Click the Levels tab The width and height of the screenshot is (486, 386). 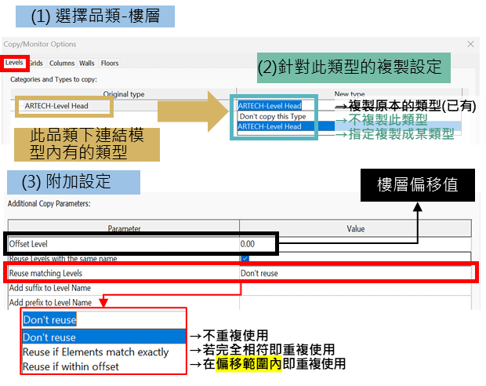pyautogui.click(x=14, y=63)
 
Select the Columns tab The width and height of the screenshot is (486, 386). pyautogui.click(x=62, y=64)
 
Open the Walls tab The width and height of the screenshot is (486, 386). pyautogui.click(x=87, y=64)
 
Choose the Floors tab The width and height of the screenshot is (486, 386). pyautogui.click(x=110, y=64)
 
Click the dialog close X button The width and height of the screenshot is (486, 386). pyautogui.click(x=470, y=44)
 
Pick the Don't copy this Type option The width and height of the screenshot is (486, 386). pyautogui.click(x=273, y=116)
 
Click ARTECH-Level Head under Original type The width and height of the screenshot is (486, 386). pyautogui.click(x=56, y=106)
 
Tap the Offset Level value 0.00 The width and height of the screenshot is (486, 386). pyautogui.click(x=248, y=244)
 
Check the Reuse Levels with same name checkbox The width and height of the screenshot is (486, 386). pyautogui.click(x=245, y=258)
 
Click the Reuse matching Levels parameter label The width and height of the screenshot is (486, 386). pyautogui.click(x=45, y=273)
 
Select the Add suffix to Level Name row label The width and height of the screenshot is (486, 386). pyautogui.click(x=50, y=288)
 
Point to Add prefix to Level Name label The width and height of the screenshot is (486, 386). pyautogui.click(x=50, y=303)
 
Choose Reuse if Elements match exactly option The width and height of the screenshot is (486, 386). pyautogui.click(x=96, y=352)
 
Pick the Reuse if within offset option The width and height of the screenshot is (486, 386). pyautogui.click(x=71, y=366)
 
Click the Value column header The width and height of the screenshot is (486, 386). pyautogui.click(x=356, y=228)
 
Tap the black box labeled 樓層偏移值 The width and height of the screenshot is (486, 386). pyautogui.click(x=418, y=185)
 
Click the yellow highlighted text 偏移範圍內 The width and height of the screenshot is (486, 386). pyautogui.click(x=249, y=364)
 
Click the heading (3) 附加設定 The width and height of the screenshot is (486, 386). pyautogui.click(x=74, y=182)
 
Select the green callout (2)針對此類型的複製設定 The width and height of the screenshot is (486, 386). pyautogui.click(x=354, y=67)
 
